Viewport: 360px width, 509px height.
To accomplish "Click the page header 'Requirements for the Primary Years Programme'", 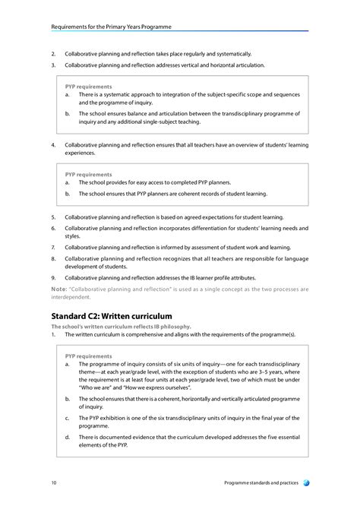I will pos(111,27).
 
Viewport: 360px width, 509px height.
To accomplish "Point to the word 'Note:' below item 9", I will pos(58,289).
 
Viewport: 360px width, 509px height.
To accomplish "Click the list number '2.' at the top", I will pos(53,54).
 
